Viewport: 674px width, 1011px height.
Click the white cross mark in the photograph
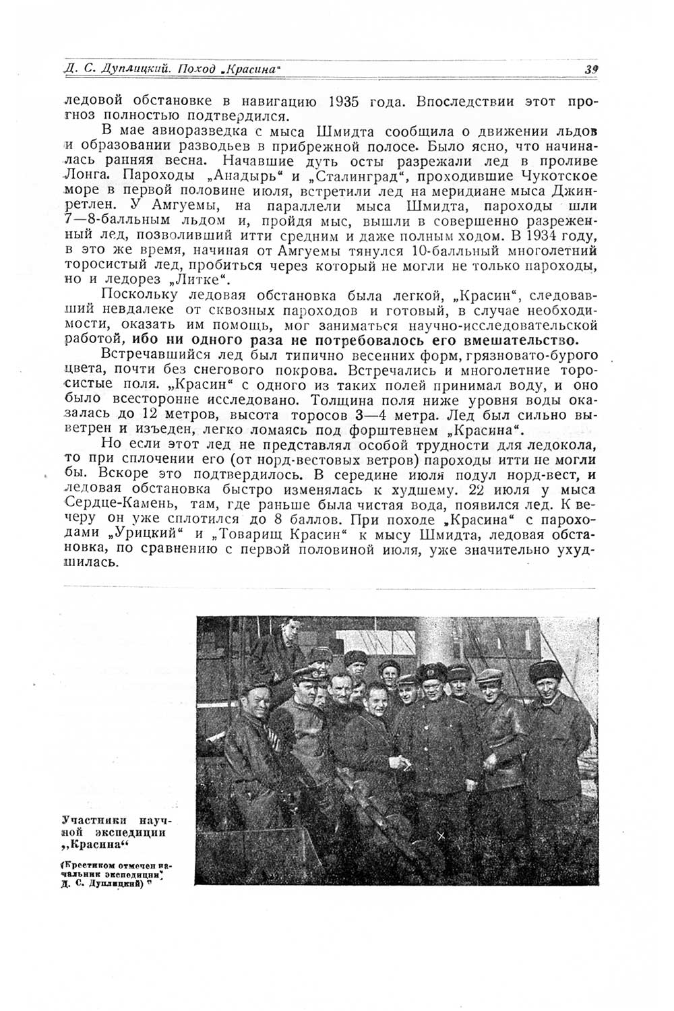441,836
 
